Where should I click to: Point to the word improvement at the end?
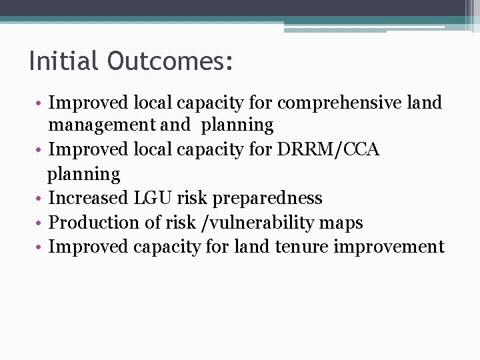(x=389, y=247)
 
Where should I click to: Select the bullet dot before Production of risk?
(x=40, y=223)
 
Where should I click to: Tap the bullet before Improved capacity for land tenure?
(x=40, y=247)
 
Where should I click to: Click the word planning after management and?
(x=237, y=126)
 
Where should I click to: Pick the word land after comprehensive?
(x=427, y=103)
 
